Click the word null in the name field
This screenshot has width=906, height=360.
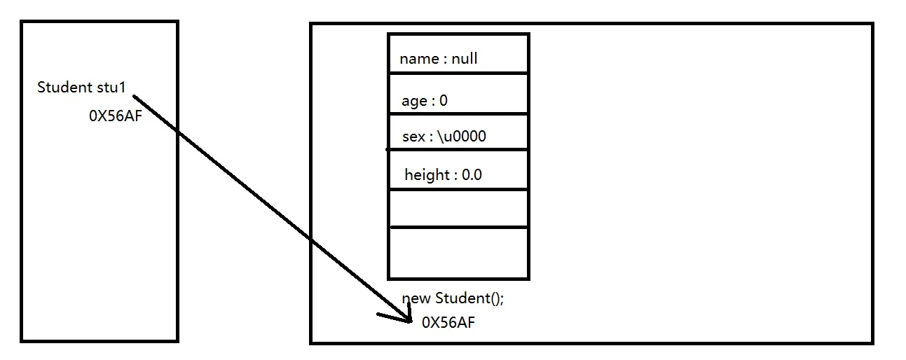[x=465, y=59]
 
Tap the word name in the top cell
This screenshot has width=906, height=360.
[x=419, y=59]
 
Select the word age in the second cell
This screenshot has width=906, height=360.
[x=414, y=101]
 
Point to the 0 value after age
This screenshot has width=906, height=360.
[x=444, y=101]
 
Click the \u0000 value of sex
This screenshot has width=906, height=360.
[x=462, y=137]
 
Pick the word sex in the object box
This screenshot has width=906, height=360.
[x=413, y=137]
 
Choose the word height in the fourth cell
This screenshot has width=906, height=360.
[x=427, y=175]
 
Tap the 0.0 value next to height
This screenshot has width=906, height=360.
[x=472, y=175]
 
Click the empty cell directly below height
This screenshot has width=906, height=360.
[x=458, y=208]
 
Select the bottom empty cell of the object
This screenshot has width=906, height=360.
[x=458, y=253]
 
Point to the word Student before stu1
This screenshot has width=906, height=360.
[x=64, y=88]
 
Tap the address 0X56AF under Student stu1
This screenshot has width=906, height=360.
[x=115, y=116]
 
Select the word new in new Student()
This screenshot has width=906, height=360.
[x=416, y=298]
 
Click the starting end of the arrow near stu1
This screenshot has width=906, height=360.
[x=134, y=97]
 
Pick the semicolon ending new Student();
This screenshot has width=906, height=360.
[x=502, y=300]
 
